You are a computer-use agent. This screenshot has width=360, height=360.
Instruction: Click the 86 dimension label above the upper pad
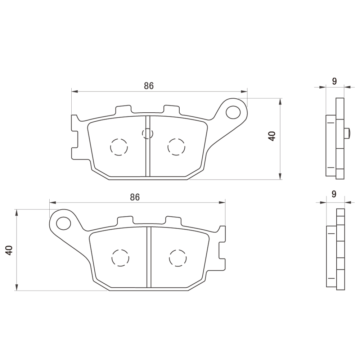[149, 86]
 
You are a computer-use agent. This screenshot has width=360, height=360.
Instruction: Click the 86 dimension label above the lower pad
[135, 197]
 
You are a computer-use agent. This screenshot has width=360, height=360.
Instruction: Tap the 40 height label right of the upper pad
[272, 136]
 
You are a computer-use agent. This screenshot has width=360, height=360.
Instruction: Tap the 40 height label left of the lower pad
[9, 250]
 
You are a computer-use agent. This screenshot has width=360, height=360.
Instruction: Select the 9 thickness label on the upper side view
[334, 81]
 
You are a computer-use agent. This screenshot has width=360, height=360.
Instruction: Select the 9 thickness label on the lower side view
[334, 194]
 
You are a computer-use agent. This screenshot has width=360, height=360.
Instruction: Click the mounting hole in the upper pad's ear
[233, 112]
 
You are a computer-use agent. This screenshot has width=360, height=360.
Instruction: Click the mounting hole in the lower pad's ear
[64, 223]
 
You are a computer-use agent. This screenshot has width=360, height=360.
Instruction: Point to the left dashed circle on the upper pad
[119, 147]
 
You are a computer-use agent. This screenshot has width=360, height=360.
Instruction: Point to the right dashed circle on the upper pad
[176, 147]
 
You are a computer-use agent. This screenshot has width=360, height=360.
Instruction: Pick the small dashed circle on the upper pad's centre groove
[148, 133]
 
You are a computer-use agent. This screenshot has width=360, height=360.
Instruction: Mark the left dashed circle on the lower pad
[120, 258]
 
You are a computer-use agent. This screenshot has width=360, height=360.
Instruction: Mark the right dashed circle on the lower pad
[178, 258]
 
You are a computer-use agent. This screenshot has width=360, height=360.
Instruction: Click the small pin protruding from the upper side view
[347, 133]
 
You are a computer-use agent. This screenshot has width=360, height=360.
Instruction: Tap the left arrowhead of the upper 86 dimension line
[75, 91]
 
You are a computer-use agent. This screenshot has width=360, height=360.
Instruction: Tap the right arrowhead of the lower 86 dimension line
[222, 202]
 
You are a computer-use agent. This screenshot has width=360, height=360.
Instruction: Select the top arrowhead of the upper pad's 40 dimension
[280, 102]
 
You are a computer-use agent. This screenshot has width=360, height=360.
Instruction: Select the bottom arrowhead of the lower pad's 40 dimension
[16, 287]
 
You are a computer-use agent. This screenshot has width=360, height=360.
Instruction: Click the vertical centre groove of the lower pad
[149, 257]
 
